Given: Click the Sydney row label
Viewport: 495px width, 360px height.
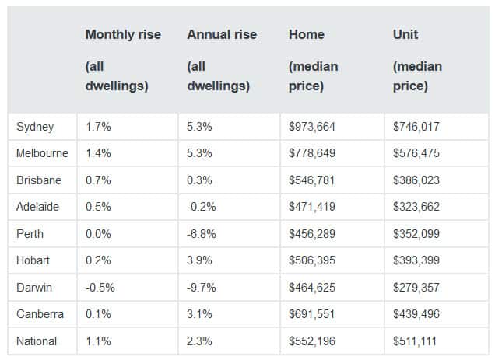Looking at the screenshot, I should click(x=35, y=126).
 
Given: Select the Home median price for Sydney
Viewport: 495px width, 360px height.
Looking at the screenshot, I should click(x=312, y=126).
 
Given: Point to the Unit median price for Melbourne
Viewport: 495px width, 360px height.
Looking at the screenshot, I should click(x=417, y=153).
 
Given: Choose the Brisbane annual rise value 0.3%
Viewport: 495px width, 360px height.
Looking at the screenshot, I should click(x=200, y=180).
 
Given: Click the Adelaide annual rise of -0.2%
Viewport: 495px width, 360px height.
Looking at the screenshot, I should click(x=202, y=207).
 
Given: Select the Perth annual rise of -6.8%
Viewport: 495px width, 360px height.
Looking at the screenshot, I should click(x=202, y=233).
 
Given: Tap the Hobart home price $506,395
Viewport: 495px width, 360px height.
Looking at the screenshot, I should click(x=312, y=260).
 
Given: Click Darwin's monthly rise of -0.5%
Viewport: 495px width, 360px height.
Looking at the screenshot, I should click(x=100, y=287).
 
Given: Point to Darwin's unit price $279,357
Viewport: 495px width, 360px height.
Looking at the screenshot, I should click(x=417, y=287).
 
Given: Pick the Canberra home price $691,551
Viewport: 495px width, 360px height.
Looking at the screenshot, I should click(x=312, y=314).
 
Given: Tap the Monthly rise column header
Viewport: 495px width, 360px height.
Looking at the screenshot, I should click(x=122, y=35).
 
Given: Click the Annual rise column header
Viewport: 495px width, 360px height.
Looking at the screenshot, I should click(x=222, y=35).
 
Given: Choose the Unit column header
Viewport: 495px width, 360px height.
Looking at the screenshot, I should click(x=405, y=35).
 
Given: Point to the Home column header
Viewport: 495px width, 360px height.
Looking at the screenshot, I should click(x=307, y=35).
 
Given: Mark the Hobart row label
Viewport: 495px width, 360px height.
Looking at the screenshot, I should click(x=34, y=260).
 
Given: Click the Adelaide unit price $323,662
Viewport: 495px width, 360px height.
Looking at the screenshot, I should click(x=417, y=207).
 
